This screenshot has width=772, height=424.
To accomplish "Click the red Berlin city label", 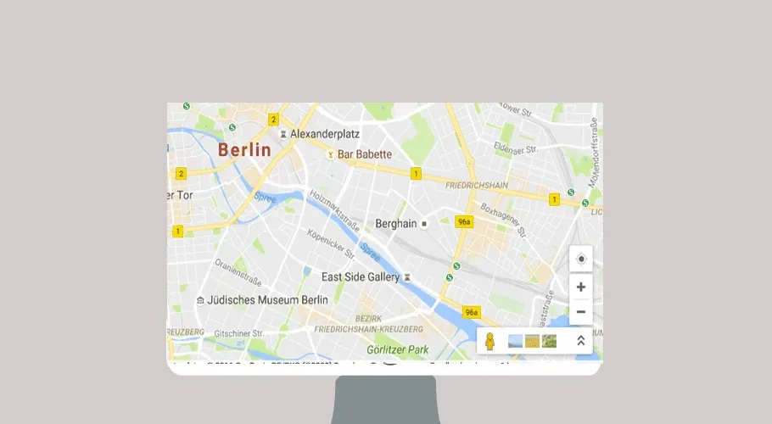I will (244, 150).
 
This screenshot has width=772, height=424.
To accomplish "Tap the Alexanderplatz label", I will (326, 134).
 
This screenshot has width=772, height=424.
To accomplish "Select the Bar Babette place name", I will (365, 154).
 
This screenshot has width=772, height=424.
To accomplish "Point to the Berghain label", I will (396, 224).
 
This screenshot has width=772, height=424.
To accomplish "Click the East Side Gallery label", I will (360, 277).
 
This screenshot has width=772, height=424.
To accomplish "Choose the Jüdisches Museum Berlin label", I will (268, 300).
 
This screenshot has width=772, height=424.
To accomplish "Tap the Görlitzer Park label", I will (398, 349).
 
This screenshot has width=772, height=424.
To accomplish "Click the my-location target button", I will (581, 259).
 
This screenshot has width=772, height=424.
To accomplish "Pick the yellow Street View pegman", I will (489, 341).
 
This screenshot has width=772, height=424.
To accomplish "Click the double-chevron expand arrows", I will (581, 341).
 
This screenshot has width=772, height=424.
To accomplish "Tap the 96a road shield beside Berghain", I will (463, 222).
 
